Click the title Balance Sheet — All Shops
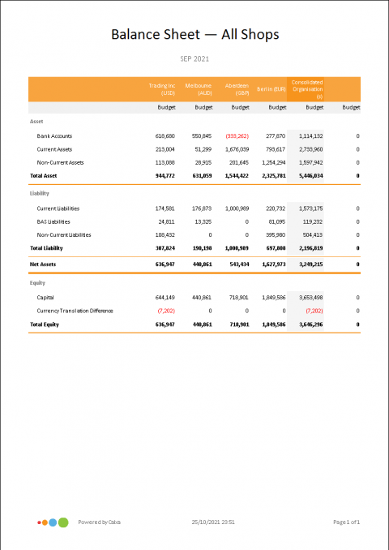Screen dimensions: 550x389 (x=194, y=34)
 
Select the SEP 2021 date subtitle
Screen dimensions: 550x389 (x=194, y=59)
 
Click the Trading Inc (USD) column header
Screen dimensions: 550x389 (x=162, y=88)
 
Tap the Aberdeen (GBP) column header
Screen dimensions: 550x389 (x=237, y=88)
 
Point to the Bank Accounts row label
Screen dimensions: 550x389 (x=54, y=136)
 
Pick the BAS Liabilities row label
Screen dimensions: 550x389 (x=53, y=221)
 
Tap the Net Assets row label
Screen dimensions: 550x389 (x=44, y=264)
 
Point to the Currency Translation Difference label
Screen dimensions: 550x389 (x=75, y=311)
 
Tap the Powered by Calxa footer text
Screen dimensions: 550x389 (x=100, y=522)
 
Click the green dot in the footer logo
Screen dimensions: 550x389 (x=63, y=522)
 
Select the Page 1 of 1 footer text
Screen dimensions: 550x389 (x=345, y=522)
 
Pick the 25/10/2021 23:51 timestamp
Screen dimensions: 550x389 (x=213, y=522)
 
